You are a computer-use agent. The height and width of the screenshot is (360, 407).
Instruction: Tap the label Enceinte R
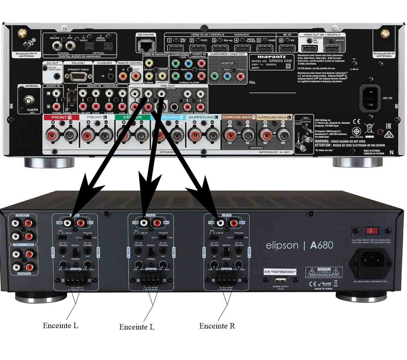pos(217,326)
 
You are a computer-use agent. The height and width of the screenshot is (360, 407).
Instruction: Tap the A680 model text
pos(321,245)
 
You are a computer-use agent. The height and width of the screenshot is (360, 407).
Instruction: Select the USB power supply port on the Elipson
pos(280,280)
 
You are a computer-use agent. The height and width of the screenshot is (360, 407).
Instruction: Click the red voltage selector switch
pos(372,231)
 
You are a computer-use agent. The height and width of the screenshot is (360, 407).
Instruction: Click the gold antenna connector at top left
pos(23,33)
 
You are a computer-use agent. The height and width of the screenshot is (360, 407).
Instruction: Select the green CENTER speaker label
pos(132,117)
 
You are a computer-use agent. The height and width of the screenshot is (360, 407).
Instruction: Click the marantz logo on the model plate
pos(271,57)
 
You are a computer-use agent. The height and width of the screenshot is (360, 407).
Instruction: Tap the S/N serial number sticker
pos(280,272)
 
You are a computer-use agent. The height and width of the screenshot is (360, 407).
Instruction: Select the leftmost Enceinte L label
pos(60,326)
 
